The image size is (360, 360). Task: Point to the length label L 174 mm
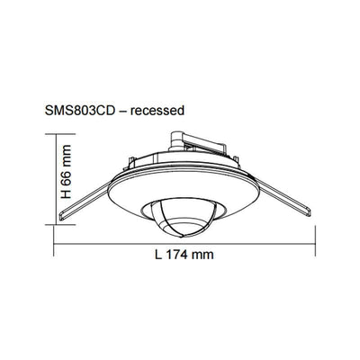(183, 256)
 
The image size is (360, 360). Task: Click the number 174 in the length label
(180, 256)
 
